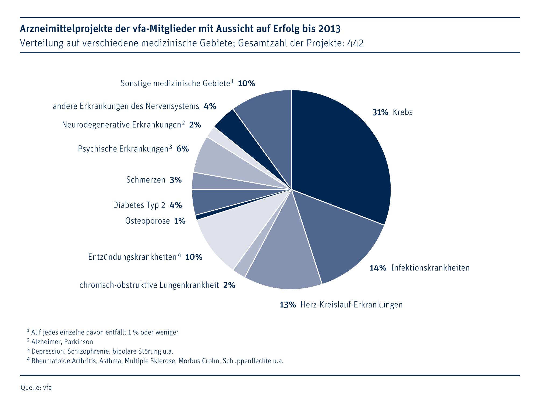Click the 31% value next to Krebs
(x=380, y=112)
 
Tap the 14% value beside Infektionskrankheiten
(x=378, y=268)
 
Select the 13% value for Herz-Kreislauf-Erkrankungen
(x=288, y=305)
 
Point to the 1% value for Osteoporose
(x=180, y=221)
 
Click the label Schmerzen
(x=146, y=180)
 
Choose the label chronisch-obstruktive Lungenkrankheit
(x=149, y=285)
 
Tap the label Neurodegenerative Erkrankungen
(x=121, y=125)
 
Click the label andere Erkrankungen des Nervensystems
(x=126, y=106)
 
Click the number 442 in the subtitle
(x=355, y=43)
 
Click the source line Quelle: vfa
(x=36, y=388)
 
